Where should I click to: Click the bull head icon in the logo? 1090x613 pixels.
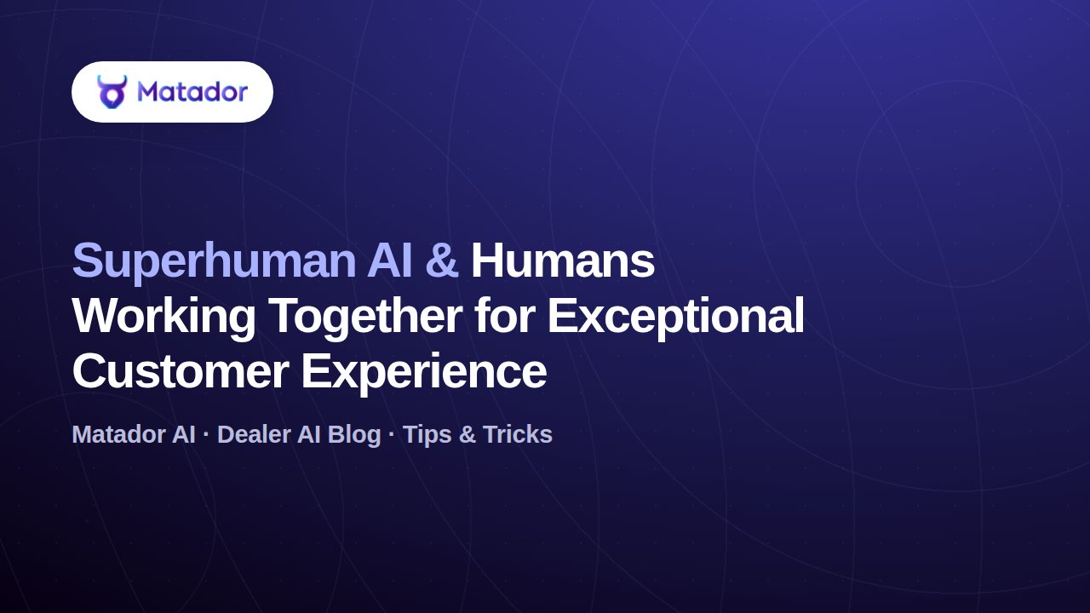click(x=112, y=91)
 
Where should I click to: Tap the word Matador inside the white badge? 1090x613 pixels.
click(x=192, y=91)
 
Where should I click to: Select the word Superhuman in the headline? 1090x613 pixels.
click(x=214, y=261)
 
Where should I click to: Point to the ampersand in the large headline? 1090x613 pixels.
click(x=442, y=261)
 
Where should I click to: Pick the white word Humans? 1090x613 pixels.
click(x=563, y=261)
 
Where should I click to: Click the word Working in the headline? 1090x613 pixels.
click(x=164, y=318)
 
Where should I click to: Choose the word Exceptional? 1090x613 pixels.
click(x=676, y=318)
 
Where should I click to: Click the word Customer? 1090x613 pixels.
click(x=181, y=371)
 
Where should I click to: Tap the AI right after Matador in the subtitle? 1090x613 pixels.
click(x=183, y=434)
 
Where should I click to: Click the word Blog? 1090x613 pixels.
click(x=354, y=435)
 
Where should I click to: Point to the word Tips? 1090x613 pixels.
click(x=427, y=435)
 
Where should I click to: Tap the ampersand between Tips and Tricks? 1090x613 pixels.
click(x=468, y=434)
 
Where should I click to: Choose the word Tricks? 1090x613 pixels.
click(x=518, y=434)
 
